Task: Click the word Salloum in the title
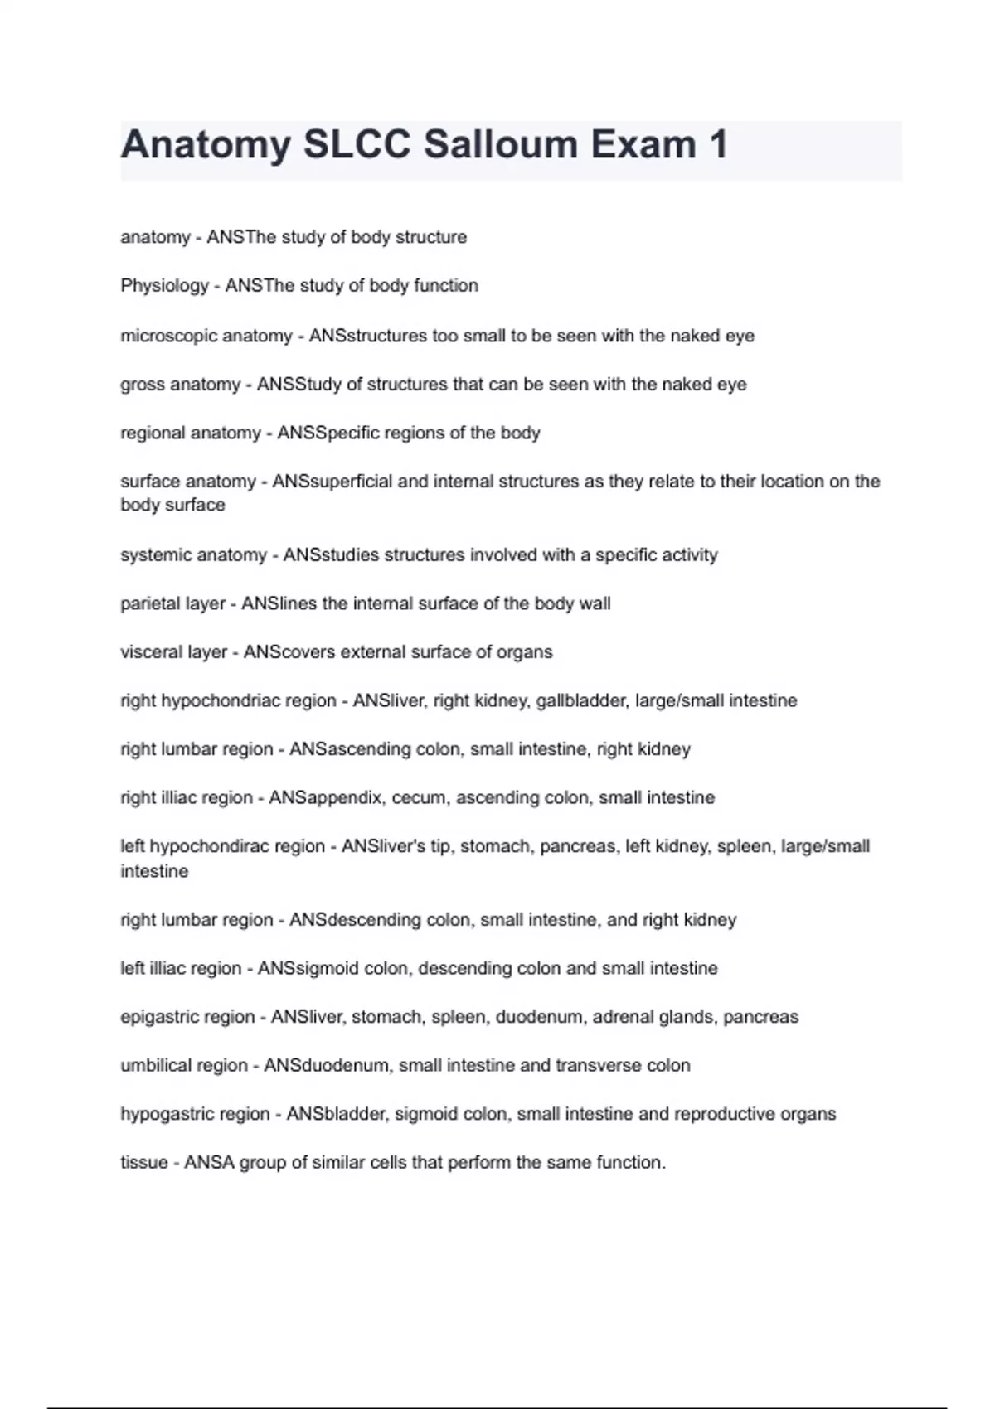[501, 144]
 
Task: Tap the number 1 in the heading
[718, 144]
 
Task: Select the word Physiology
[164, 286]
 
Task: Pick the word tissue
[143, 1163]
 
